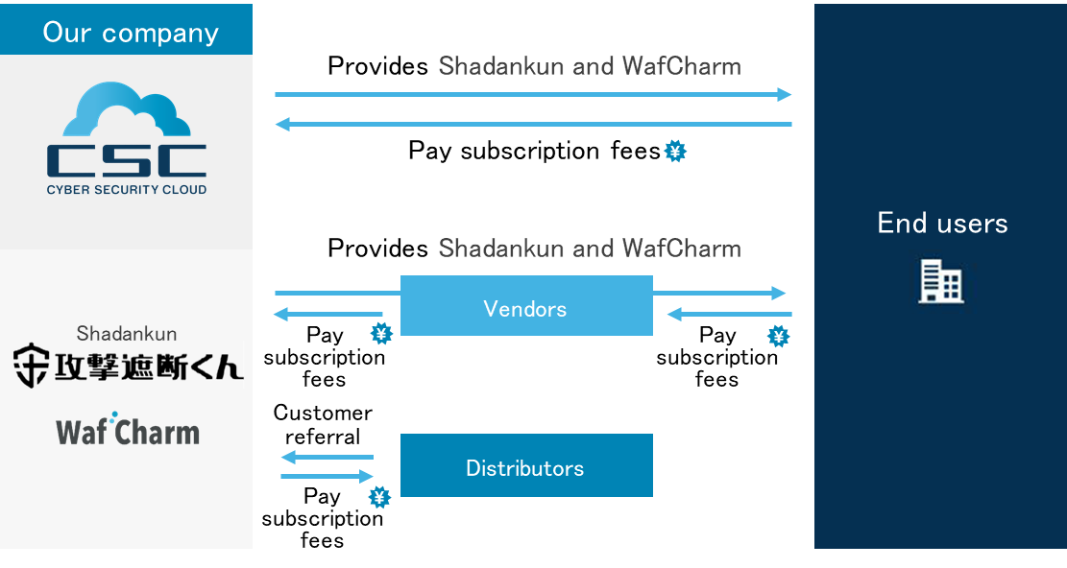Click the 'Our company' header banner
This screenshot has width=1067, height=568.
126,29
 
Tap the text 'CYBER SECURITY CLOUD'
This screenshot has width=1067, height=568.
127,190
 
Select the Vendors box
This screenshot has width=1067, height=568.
526,306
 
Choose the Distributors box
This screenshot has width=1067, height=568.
526,465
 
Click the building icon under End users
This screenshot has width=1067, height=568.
941,281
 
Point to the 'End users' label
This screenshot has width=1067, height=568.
942,223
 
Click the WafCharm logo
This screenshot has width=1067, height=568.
127,430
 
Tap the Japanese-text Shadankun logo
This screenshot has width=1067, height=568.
128,367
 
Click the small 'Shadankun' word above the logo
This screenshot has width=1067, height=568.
127,334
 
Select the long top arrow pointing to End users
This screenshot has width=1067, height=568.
533,94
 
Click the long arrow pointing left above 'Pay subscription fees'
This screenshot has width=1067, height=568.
533,124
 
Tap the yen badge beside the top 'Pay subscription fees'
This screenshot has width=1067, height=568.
675,151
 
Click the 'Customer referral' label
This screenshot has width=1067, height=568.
323,425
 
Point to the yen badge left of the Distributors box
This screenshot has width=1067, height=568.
379,497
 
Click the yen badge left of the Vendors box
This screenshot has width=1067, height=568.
381,334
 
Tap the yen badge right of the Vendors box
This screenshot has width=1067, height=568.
779,336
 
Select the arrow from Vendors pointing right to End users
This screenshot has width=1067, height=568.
719,294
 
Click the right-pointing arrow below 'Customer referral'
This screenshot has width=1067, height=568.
327,476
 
